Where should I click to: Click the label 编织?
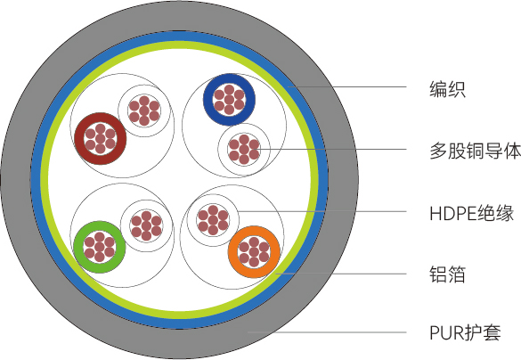(x=447, y=89)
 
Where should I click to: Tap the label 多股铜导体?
(x=476, y=151)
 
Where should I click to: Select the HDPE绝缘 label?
(x=471, y=213)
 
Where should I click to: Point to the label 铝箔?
(x=447, y=274)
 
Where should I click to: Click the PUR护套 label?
(x=465, y=332)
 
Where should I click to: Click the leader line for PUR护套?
(x=327, y=332)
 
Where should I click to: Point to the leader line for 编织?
(x=347, y=87)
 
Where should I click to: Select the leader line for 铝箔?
(x=341, y=274)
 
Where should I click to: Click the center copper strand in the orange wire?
(x=254, y=252)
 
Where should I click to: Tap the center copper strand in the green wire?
(x=100, y=247)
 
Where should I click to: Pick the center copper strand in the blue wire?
(x=229, y=100)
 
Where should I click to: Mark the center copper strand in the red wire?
(x=101, y=138)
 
